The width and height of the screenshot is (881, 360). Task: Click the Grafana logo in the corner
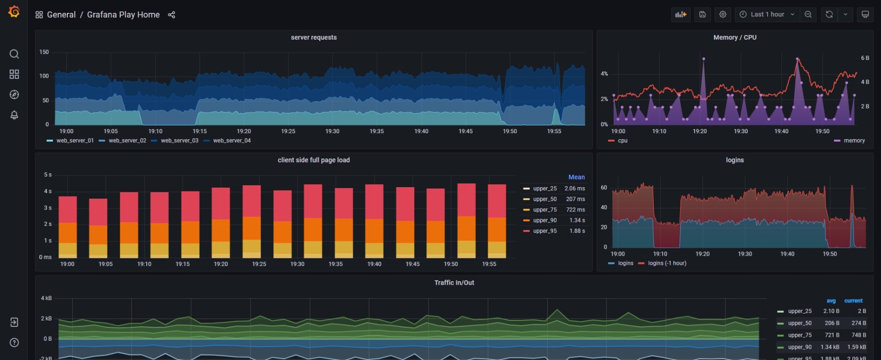(x=14, y=11)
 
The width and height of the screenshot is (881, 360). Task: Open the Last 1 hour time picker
(x=767, y=14)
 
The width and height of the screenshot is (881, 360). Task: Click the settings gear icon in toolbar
(x=723, y=14)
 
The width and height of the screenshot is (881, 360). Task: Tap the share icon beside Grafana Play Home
(x=171, y=15)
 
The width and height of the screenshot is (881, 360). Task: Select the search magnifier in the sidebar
(x=14, y=54)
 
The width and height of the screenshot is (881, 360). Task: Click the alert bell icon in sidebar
(x=14, y=115)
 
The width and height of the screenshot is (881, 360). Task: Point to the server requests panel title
(x=313, y=38)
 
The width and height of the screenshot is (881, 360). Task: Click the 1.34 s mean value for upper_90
(x=577, y=220)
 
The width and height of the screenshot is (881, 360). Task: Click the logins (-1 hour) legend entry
(x=667, y=263)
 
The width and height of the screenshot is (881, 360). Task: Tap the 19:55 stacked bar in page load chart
(x=497, y=221)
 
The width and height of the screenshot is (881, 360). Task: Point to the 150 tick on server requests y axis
(x=44, y=52)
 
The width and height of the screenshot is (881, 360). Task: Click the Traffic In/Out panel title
(x=454, y=283)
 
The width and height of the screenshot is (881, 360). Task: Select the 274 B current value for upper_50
(x=858, y=323)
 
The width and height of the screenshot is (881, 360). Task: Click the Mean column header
(x=576, y=177)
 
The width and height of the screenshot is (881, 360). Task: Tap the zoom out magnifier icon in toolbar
(x=808, y=14)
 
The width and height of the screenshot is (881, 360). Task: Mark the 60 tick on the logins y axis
(x=604, y=188)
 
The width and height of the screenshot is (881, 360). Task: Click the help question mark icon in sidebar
(x=14, y=343)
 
